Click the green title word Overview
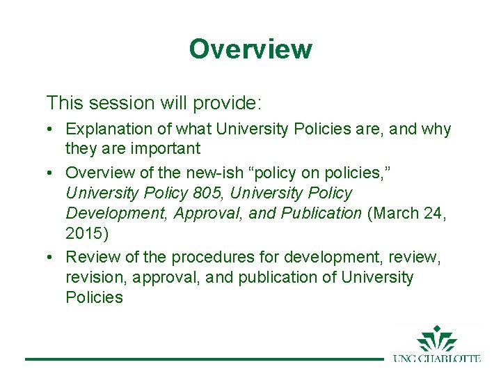pyautogui.click(x=250, y=49)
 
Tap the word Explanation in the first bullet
pyautogui.click(x=104, y=130)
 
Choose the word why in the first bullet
pyautogui.click(x=436, y=130)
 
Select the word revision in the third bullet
pyautogui.click(x=93, y=277)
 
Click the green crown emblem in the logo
pyautogui.click(x=436, y=339)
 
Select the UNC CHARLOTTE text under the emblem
pyautogui.click(x=436, y=359)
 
